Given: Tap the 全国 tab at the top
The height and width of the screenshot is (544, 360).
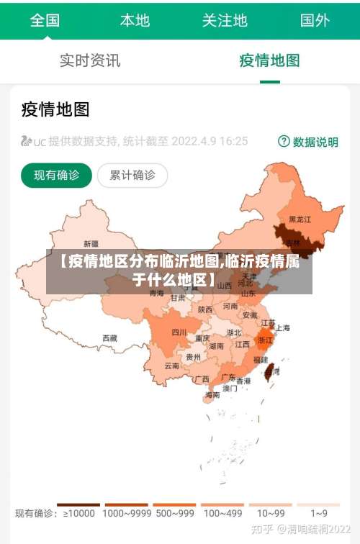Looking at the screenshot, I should tap(45, 20).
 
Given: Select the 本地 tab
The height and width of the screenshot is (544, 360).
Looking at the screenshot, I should tap(135, 20).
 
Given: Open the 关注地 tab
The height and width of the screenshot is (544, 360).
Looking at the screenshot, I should tap(225, 20).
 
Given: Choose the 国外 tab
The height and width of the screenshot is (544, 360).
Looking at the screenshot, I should tap(315, 20).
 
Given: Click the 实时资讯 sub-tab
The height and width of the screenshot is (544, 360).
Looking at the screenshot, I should tap(89, 60).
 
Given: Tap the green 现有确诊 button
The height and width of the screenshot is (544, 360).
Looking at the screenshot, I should tap(56, 175).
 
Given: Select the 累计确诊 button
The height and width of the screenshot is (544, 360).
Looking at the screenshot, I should tap(132, 175).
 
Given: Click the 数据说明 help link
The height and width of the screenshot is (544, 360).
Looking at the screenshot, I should tap(308, 142).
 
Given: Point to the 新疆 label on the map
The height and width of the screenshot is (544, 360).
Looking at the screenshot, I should tap(91, 243).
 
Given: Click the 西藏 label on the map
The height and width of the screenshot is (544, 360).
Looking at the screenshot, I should tap(109, 337).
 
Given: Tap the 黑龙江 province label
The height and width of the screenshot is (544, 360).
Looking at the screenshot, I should tap(300, 219).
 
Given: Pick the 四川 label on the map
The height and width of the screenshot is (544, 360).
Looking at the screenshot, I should tap(179, 332).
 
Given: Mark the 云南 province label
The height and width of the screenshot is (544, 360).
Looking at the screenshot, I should tap(171, 366).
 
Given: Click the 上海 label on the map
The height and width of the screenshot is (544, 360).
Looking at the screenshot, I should tap(282, 327).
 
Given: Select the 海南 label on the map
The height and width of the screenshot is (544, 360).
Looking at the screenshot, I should tap(212, 394).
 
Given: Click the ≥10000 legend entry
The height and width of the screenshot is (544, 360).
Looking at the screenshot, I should tap(78, 512).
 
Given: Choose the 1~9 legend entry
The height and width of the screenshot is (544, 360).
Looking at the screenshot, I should tap(319, 512).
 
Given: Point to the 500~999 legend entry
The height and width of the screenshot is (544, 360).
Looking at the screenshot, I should tap(174, 512).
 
